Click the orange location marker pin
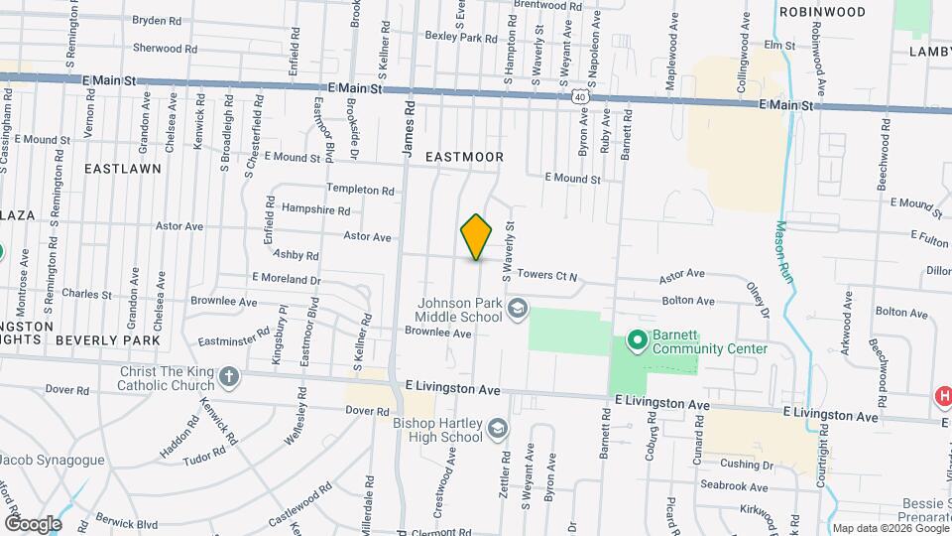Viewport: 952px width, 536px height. click(x=476, y=237)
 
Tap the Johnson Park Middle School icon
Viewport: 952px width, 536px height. click(x=516, y=311)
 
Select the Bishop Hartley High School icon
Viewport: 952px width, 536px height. click(x=498, y=428)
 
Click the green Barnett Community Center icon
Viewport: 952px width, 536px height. click(x=636, y=341)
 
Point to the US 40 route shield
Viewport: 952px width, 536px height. click(x=579, y=95)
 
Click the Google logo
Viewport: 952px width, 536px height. click(x=33, y=523)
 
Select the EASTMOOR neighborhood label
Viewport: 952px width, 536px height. click(x=464, y=157)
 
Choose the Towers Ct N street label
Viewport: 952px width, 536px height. click(x=546, y=275)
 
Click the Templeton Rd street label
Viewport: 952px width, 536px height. click(x=361, y=189)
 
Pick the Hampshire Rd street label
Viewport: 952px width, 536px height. click(x=315, y=210)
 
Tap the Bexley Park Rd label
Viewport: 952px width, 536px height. click(x=460, y=37)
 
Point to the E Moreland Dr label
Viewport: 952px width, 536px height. click(x=287, y=279)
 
